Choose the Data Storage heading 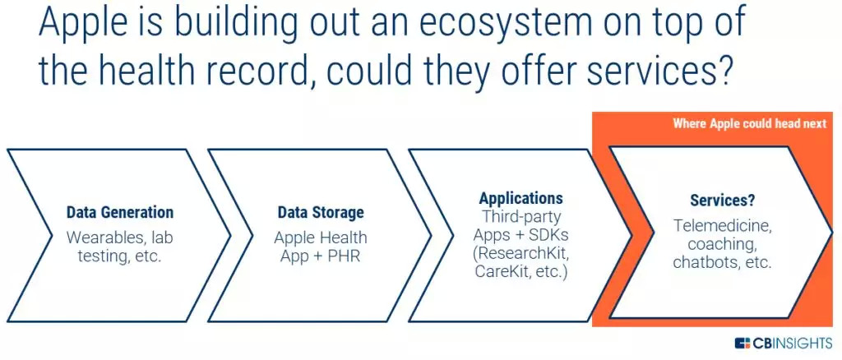(321, 212)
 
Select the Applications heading (521, 198)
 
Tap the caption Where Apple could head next (749, 123)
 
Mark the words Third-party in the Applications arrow (521, 216)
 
